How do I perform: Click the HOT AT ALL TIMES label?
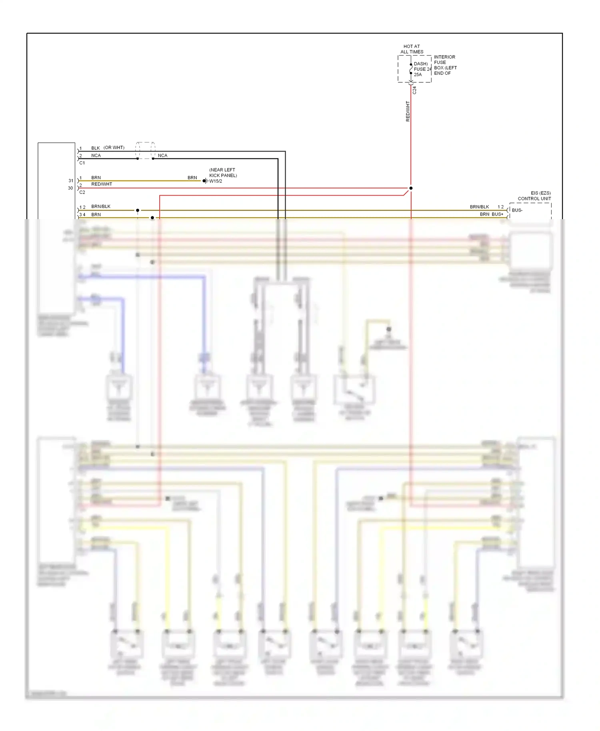[412, 49]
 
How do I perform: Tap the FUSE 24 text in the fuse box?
[422, 69]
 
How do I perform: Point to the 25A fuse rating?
[418, 75]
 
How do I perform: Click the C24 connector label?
[414, 90]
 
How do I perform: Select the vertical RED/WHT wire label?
[408, 111]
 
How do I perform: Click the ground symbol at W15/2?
[205, 181]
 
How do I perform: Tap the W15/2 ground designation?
[216, 181]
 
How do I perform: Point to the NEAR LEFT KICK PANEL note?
[223, 173]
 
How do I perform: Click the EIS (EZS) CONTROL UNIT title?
[534, 196]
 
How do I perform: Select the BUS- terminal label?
[517, 210]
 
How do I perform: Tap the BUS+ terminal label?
[497, 214]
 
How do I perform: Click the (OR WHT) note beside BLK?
[114, 148]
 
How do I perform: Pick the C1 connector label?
[82, 163]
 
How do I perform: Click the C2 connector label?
[82, 192]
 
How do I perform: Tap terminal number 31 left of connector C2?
[71, 181]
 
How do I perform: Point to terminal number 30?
[70, 188]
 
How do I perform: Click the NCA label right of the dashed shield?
[162, 156]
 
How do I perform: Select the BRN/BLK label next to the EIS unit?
[479, 207]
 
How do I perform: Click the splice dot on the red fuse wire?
[411, 188]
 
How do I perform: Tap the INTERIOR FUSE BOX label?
[445, 65]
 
